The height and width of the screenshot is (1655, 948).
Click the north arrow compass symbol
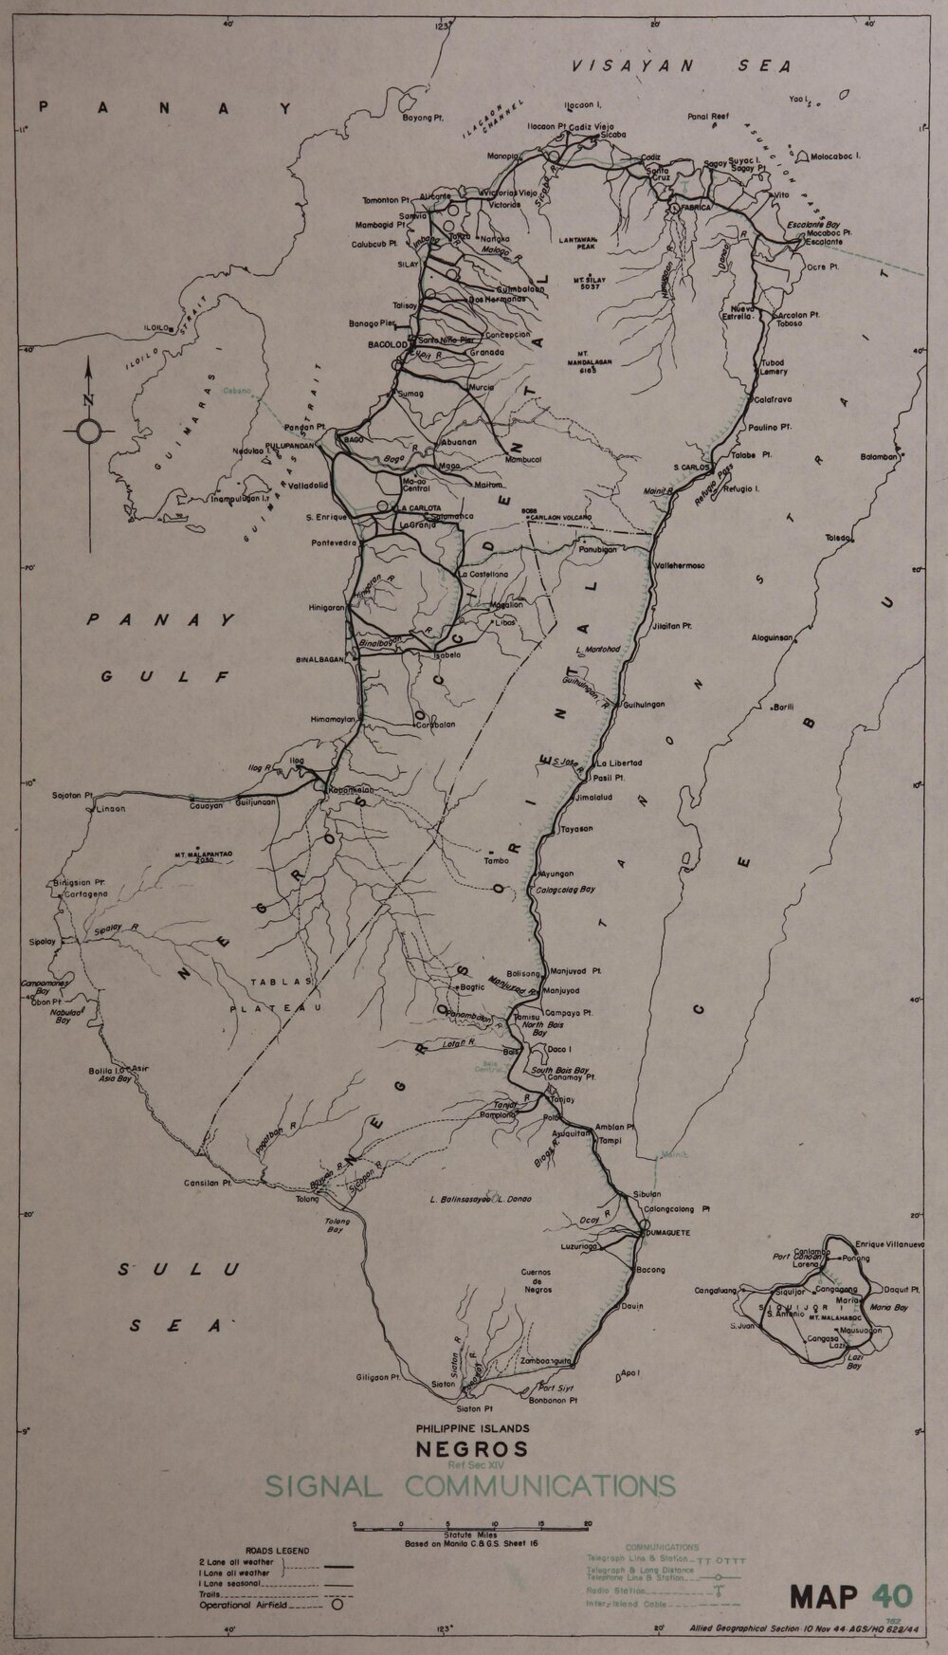click(86, 431)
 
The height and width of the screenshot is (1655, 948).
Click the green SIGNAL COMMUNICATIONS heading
click(471, 1484)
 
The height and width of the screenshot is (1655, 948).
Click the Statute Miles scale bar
click(471, 1524)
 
